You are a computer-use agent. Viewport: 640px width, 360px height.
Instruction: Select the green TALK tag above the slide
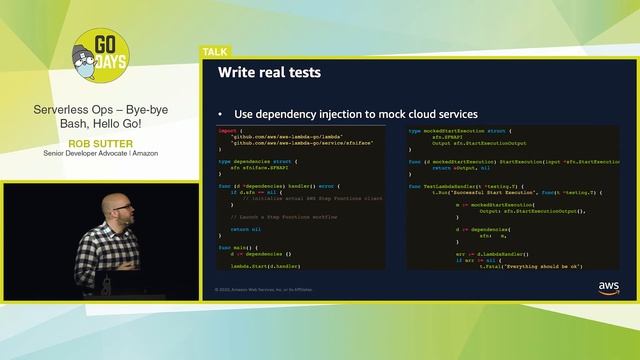click(214, 51)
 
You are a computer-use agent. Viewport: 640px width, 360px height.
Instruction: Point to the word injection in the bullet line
click(336, 114)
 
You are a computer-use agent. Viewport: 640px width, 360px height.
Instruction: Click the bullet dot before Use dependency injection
click(221, 114)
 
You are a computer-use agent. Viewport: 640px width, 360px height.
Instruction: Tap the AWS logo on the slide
click(608, 287)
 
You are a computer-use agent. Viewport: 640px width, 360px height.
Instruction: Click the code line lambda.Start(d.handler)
click(262, 266)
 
